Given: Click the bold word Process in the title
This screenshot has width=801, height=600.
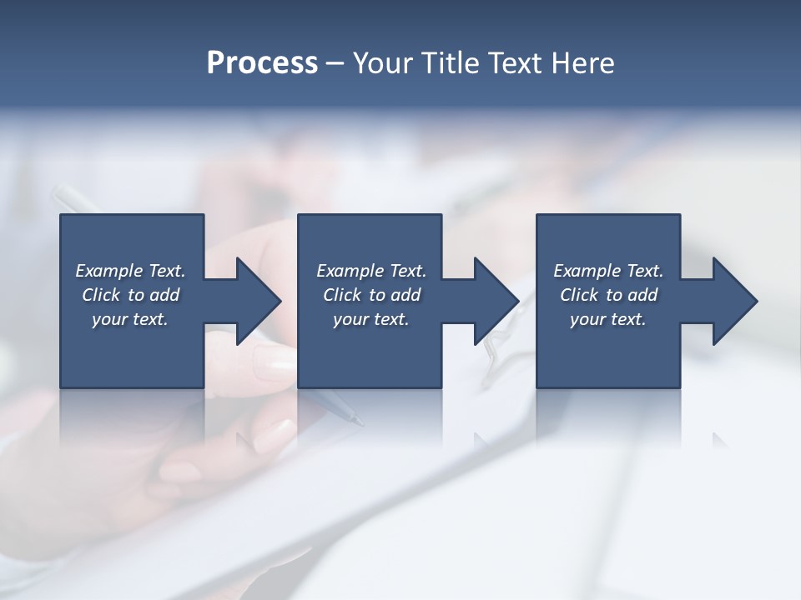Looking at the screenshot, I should (262, 63).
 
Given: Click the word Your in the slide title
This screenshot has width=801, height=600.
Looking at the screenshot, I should (384, 63).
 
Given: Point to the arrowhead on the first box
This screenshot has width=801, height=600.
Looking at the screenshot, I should (257, 301).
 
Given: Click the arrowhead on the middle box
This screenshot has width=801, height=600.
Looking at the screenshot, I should (495, 301).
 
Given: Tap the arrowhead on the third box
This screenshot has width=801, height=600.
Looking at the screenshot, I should (733, 301).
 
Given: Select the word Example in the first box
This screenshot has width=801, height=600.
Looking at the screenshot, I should (109, 271).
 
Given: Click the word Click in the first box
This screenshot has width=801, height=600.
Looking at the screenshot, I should (101, 295).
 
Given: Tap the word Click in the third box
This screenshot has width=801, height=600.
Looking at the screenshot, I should (579, 295).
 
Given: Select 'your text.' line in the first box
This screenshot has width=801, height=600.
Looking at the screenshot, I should (130, 319).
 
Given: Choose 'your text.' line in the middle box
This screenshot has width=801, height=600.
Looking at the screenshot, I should (370, 319).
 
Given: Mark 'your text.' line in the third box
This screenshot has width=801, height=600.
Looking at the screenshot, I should (608, 319).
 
